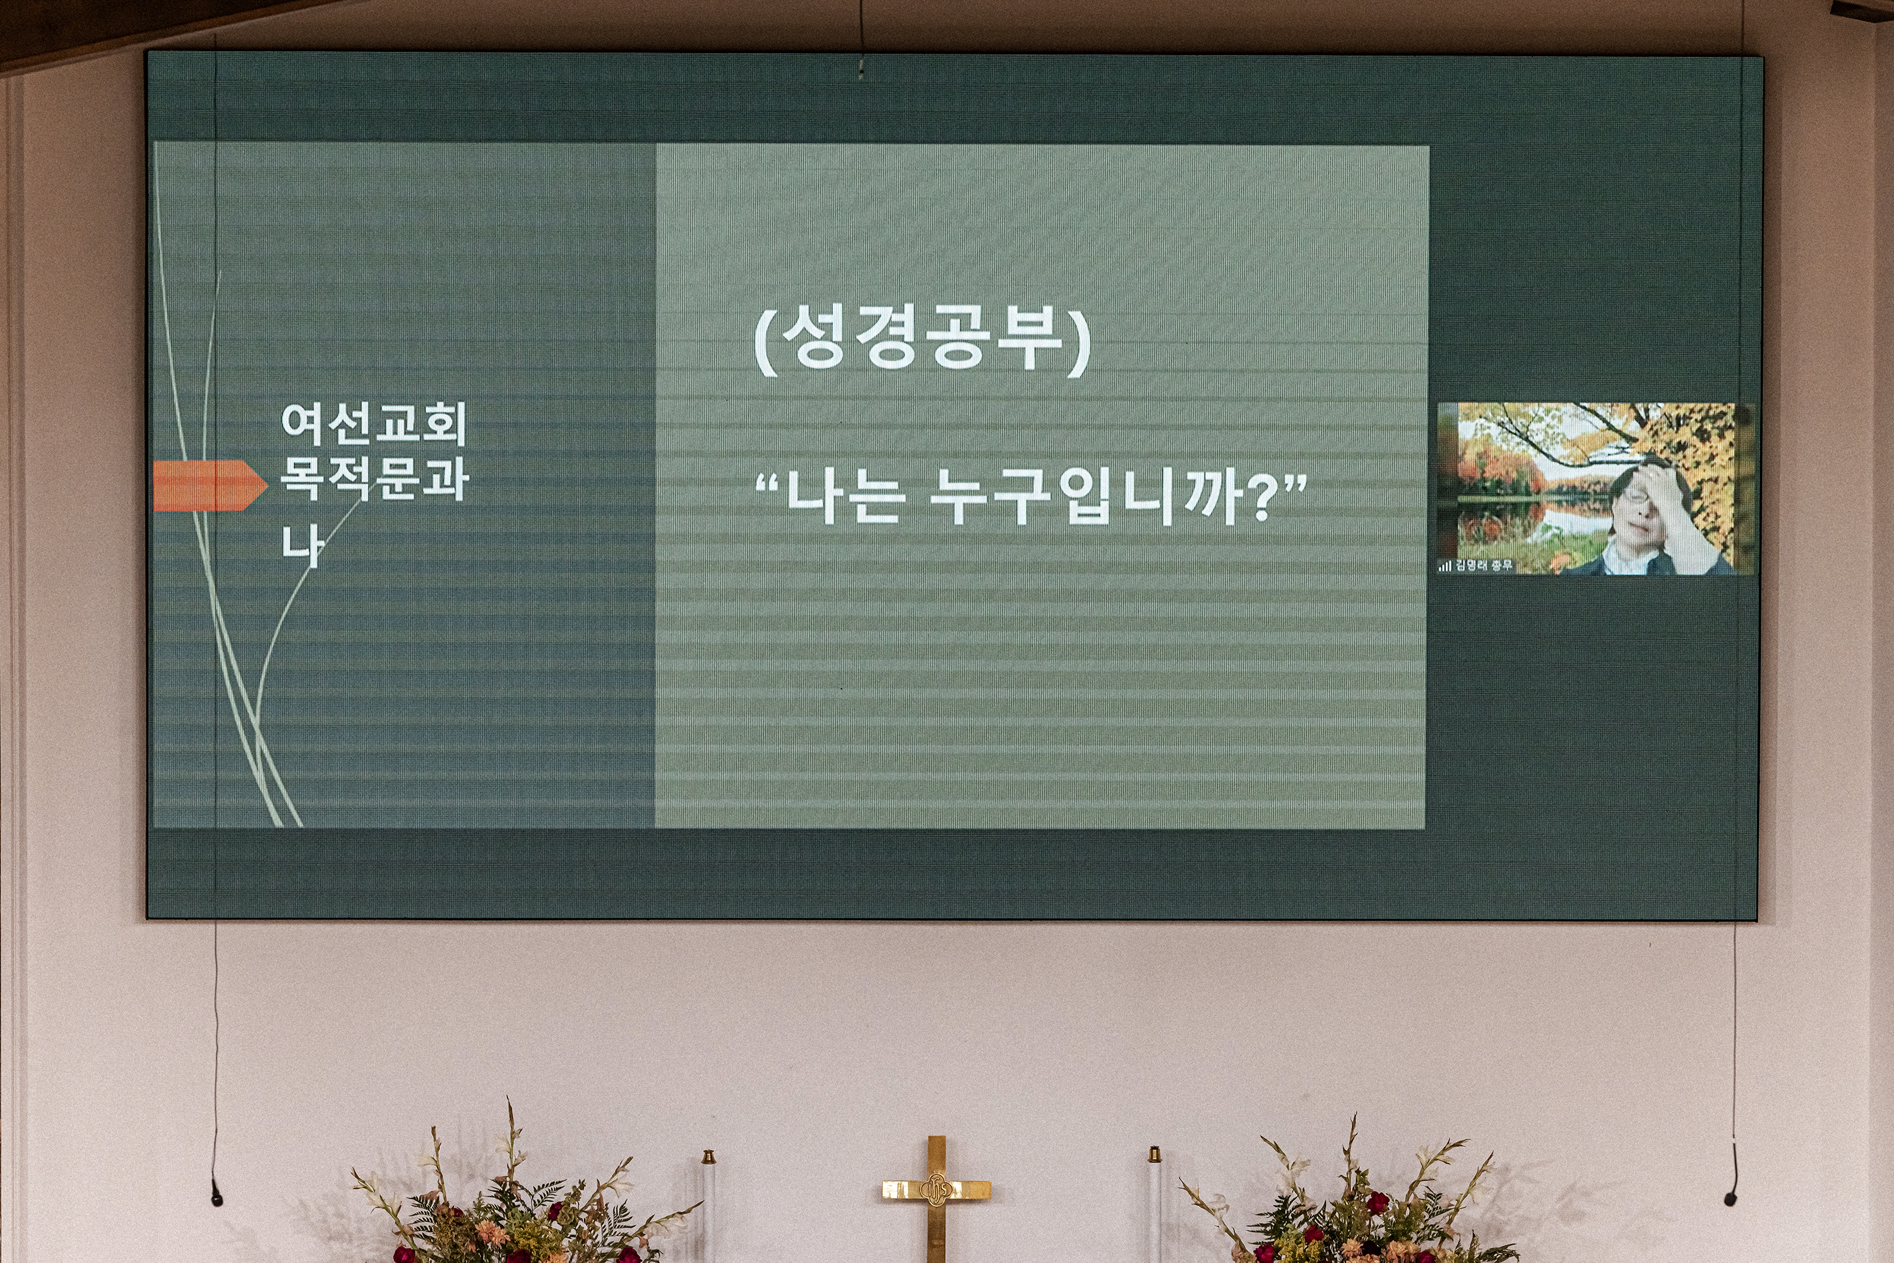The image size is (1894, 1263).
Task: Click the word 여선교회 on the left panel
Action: (x=374, y=424)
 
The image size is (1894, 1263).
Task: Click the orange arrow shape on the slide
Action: (x=210, y=486)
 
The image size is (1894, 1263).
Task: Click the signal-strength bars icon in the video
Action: (x=1446, y=566)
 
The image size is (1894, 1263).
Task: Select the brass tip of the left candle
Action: (x=708, y=1157)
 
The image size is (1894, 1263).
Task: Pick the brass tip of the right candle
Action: (x=1153, y=1154)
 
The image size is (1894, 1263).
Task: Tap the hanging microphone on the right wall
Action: (x=1730, y=1195)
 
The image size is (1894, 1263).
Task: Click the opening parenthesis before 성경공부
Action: (x=765, y=342)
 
